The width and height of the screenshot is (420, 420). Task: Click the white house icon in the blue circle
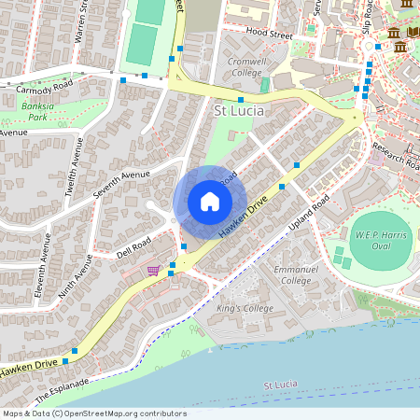tap(209, 202)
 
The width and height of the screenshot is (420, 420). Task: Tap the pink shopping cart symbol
tap(152, 270)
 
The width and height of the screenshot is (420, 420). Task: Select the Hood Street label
tap(269, 32)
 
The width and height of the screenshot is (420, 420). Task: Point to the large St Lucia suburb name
tap(240, 111)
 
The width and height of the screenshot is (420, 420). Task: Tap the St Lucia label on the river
tap(281, 385)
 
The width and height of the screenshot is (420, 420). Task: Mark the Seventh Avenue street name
tap(121, 184)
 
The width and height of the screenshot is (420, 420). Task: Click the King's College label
tap(231, 308)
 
